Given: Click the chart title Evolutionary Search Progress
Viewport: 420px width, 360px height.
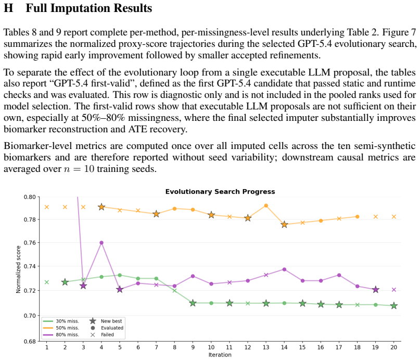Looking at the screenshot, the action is (x=220, y=192).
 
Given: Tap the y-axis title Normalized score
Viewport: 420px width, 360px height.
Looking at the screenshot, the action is (x=18, y=269).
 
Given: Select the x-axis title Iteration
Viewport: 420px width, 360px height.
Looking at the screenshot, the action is (x=220, y=355).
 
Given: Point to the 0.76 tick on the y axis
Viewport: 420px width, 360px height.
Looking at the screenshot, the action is (x=30, y=243).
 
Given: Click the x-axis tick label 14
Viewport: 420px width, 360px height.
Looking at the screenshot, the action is (x=284, y=347).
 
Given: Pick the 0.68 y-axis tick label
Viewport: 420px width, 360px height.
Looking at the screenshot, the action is (x=30, y=341).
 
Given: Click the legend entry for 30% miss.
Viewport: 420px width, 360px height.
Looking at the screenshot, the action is (x=61, y=321).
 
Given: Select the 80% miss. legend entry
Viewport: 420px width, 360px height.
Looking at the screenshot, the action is (x=61, y=334).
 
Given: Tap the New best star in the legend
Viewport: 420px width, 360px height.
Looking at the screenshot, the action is (x=93, y=321).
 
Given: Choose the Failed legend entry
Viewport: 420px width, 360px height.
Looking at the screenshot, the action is (x=102, y=334).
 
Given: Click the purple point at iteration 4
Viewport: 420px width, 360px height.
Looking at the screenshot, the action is (x=101, y=243).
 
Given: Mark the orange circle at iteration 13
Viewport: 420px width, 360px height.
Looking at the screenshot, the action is (x=266, y=206).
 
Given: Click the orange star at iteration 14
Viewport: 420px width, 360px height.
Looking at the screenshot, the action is (x=285, y=225).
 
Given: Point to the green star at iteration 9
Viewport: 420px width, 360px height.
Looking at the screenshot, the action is (x=193, y=303).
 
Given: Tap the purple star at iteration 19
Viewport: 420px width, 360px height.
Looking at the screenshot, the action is (x=376, y=290).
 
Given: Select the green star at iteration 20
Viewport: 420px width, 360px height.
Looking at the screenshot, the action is (x=394, y=306).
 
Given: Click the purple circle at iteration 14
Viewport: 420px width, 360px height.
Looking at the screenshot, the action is (x=285, y=269).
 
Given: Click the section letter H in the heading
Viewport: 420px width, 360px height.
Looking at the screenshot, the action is (x=8, y=8).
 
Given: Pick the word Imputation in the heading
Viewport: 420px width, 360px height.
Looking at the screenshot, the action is (x=80, y=8).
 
